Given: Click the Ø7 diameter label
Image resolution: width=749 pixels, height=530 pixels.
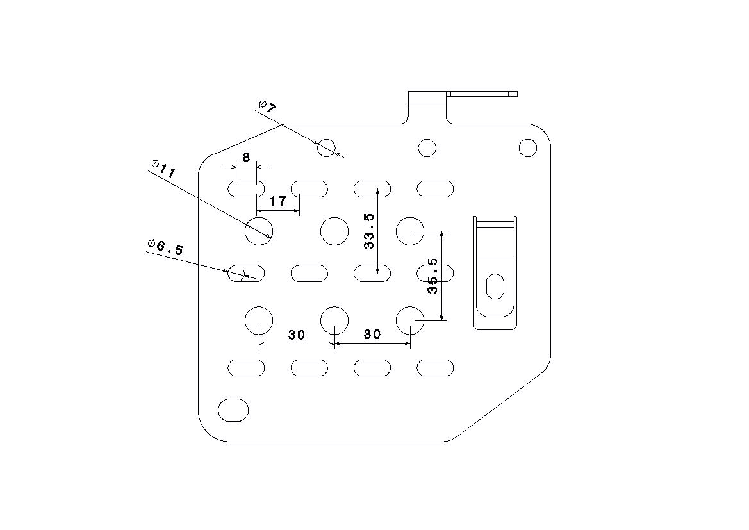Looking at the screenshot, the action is (268, 106).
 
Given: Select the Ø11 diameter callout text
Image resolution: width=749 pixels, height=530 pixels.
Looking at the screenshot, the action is (163, 169).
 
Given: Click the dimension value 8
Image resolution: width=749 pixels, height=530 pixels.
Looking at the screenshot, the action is (246, 158).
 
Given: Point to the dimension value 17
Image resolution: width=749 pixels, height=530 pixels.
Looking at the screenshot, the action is (278, 201).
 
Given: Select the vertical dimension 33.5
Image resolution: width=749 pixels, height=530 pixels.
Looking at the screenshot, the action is (369, 231).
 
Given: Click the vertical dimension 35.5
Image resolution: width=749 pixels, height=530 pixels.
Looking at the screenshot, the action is (432, 276).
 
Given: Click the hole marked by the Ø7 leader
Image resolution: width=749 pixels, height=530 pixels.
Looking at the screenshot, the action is (327, 147).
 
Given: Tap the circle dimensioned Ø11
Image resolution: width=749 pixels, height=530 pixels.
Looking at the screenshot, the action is (259, 231).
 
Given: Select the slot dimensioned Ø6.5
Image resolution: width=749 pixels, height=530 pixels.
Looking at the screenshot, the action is (245, 274).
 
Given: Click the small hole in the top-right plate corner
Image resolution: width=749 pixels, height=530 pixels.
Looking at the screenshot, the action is (528, 147).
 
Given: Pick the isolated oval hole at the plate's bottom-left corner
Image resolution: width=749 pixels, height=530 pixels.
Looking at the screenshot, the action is (233, 410).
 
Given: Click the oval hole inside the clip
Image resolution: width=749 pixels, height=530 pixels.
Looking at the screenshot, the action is (495, 286).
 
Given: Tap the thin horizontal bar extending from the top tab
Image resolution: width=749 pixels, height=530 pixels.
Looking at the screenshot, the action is (482, 94).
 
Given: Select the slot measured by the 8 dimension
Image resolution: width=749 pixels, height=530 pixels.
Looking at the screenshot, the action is (245, 189).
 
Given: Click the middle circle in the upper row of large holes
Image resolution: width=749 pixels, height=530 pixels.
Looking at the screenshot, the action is (334, 231).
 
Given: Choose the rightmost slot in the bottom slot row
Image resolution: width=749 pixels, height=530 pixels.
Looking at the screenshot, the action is (435, 368).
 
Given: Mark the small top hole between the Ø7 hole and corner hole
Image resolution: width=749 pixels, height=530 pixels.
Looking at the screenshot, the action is (427, 147).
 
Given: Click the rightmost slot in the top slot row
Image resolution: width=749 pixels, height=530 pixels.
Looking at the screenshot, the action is (435, 189).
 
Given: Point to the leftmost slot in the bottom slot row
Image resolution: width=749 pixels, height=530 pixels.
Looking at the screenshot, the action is (245, 368).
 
